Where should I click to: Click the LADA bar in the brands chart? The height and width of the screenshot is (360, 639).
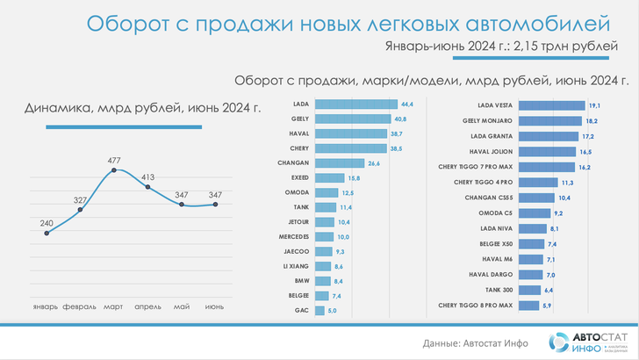(351, 104)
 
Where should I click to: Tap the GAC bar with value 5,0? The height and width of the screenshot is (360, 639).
(319, 312)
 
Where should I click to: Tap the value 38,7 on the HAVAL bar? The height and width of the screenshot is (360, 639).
(396, 133)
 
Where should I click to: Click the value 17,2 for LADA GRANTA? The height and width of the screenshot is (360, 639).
(587, 137)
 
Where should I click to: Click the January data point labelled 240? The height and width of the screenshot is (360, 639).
(47, 234)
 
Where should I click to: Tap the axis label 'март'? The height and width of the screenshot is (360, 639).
(113, 307)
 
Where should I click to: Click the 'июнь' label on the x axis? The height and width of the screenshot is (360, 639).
(214, 307)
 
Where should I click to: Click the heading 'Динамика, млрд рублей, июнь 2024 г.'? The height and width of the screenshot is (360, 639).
(143, 109)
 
